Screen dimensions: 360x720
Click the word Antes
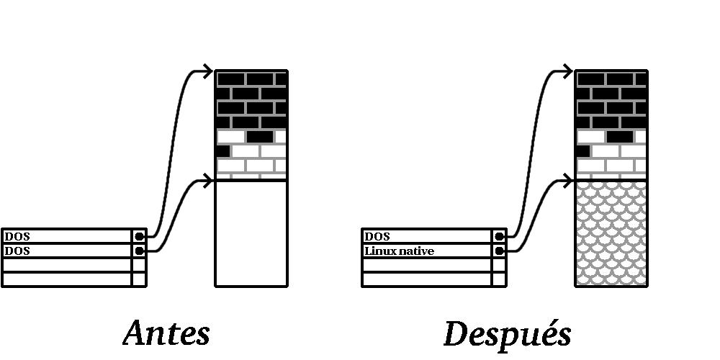pos(166,333)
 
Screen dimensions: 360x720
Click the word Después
pos(507,333)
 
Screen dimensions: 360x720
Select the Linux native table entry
pos(400,251)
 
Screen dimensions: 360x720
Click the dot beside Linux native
pos(499,251)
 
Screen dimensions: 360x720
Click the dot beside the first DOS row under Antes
pos(139,236)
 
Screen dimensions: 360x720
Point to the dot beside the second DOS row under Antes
pos(139,251)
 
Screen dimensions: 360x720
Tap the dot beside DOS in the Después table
pos(499,236)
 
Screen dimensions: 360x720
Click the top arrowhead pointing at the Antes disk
pos(209,71)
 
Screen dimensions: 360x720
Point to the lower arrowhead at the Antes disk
pos(209,180)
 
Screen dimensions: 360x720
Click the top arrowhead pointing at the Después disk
pos(569,71)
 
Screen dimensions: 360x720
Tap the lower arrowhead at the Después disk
pos(569,180)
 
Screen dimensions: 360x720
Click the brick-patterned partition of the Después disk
pos(611,124)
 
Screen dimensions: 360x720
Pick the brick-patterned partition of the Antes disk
pos(251,124)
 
